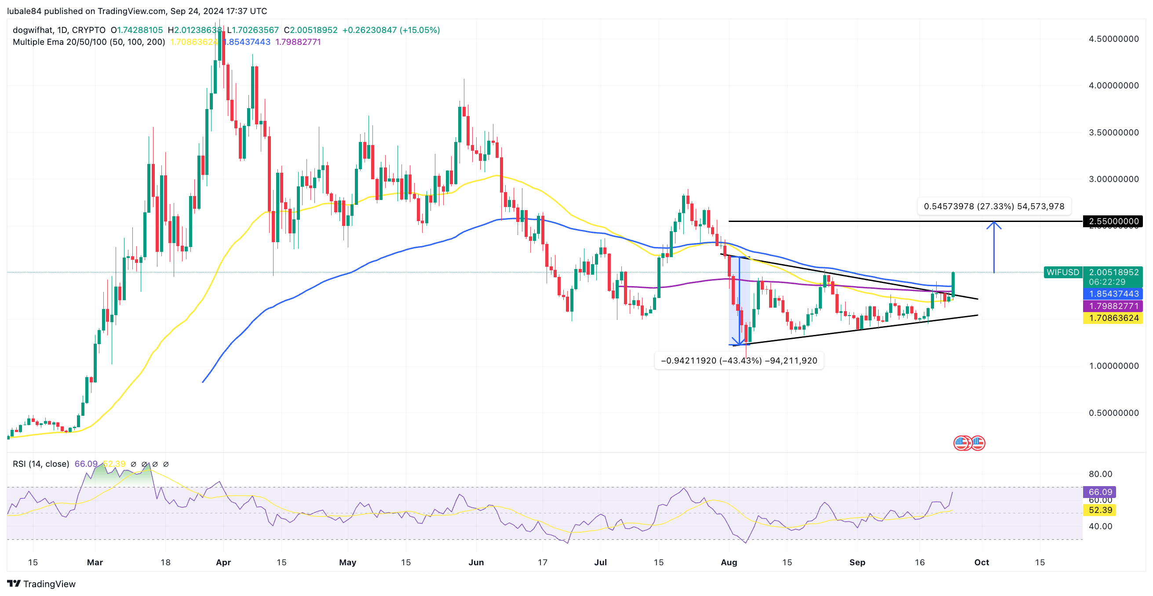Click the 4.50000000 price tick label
pos(1113,39)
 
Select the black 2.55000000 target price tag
pos(1113,221)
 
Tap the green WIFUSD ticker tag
pos(1062,272)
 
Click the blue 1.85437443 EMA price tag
pos(1113,294)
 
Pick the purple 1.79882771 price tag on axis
pos(1113,306)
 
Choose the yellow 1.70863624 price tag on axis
pos(1113,318)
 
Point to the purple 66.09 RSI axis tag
pos(1100,492)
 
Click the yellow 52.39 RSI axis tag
pos(1100,510)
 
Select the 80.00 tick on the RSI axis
pos(1100,474)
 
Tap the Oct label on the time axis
pos(982,563)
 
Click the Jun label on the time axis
pos(476,563)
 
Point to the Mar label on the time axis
pos(95,563)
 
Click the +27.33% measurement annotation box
pos(994,206)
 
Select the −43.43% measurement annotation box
pos(738,361)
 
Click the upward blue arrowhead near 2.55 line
pos(994,225)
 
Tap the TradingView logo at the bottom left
pos(41,584)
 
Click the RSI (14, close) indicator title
pos(41,464)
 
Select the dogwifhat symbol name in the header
pos(32,30)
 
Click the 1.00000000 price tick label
pos(1113,366)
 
